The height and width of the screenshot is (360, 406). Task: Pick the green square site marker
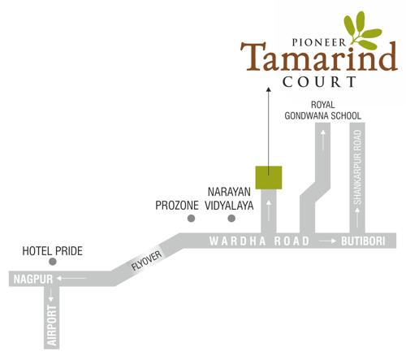pyautogui.click(x=269, y=176)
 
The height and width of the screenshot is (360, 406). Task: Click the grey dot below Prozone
pyautogui.click(x=191, y=219)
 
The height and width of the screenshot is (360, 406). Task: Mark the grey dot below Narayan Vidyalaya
pyautogui.click(x=231, y=219)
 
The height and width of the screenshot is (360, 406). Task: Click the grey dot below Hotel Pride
pyautogui.click(x=52, y=262)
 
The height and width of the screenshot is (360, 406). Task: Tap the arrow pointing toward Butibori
pyautogui.click(x=326, y=241)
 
